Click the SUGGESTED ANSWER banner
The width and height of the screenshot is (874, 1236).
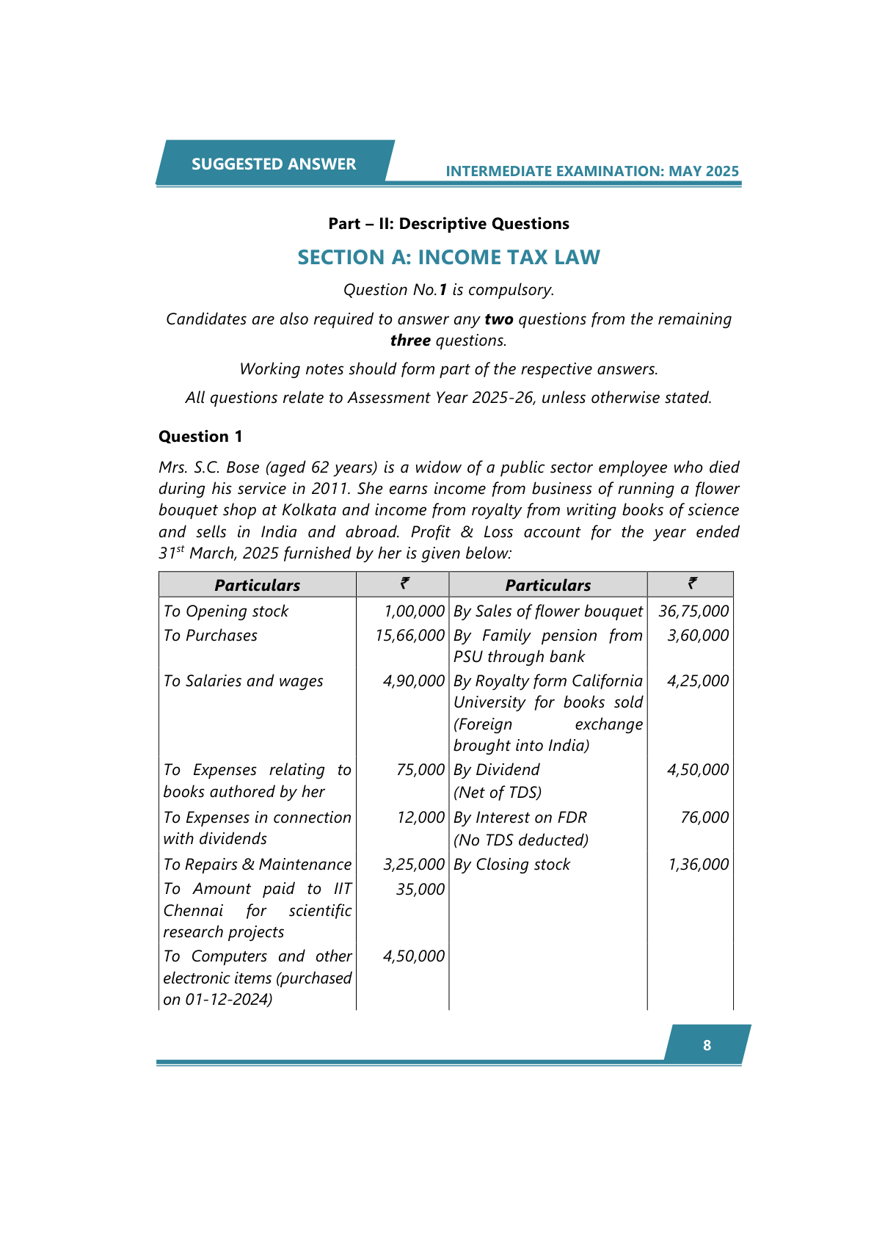273,164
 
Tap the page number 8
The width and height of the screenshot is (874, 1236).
707,1045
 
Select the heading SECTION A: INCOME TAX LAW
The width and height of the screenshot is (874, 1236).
448,258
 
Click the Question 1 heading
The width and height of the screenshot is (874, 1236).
200,437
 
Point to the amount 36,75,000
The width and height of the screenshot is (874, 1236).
693,611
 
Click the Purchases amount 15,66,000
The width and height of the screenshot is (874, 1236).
409,636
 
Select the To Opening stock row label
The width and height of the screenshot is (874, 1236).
226,611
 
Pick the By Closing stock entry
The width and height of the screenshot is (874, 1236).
511,865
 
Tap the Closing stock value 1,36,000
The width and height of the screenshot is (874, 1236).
698,865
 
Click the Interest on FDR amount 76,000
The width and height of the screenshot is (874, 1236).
704,818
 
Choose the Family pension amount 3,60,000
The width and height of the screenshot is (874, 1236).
698,636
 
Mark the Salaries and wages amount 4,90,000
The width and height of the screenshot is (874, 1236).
414,681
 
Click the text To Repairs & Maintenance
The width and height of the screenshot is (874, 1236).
258,865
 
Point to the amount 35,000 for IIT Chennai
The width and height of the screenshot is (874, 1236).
420,890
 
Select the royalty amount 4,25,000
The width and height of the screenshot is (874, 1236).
698,681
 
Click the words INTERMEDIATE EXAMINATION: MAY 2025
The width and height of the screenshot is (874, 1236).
592,172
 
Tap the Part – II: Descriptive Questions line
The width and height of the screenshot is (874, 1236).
448,224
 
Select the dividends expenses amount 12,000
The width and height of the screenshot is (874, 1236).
420,818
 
